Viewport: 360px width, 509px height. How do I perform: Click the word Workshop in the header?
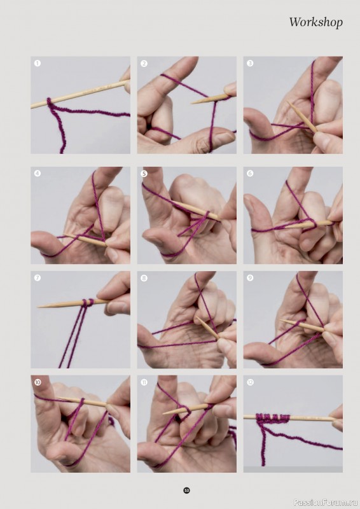coord(315,22)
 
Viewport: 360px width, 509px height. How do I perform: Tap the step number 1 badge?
coord(38,64)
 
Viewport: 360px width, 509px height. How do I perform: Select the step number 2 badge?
coord(144,64)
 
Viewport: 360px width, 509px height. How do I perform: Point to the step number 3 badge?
coord(250,64)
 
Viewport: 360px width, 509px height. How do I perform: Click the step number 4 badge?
coord(38,173)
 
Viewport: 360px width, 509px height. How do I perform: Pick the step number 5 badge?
coord(144,173)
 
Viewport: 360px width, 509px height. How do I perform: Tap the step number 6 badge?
coord(250,173)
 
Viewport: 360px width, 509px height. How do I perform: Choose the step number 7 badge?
coord(38,278)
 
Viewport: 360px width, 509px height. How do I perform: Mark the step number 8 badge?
coord(144,278)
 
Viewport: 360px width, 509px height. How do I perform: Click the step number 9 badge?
coord(250,278)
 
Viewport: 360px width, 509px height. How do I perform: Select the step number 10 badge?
coord(38,382)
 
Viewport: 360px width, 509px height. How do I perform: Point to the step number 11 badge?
coord(144,382)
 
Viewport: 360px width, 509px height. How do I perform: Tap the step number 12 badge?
coord(250,382)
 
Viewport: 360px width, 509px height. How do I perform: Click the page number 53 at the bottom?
coord(186,490)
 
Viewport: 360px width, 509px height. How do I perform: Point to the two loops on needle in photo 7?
coord(87,302)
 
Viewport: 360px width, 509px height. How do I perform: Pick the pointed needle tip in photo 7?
coord(41,307)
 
